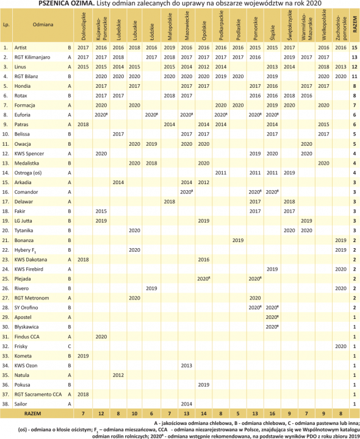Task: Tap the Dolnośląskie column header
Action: (x=84, y=26)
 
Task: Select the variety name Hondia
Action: (x=23, y=86)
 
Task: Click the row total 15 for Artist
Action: (x=355, y=47)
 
